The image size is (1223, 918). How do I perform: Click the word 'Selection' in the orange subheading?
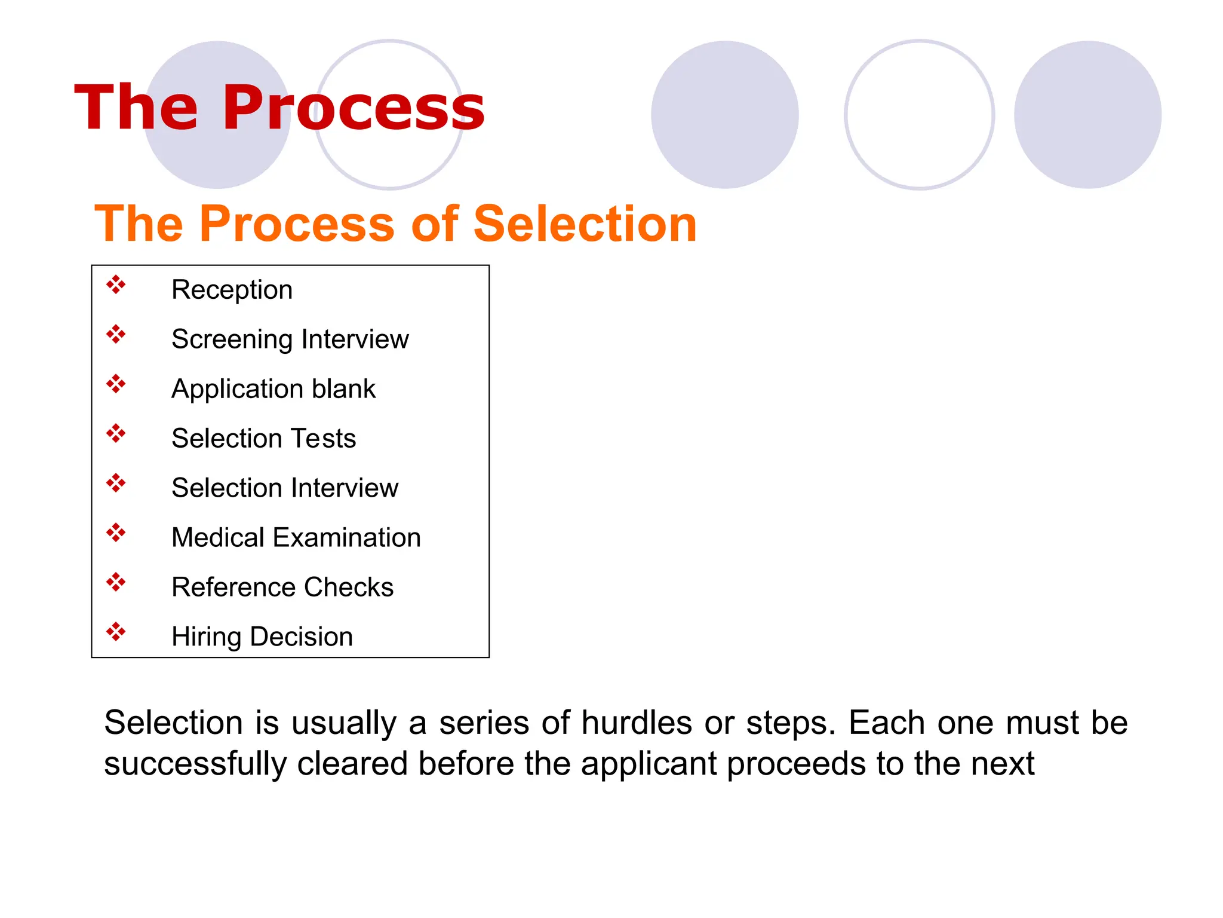pyautogui.click(x=585, y=224)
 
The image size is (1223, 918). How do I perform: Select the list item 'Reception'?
pyautogui.click(x=232, y=290)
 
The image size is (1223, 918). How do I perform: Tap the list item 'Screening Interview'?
pyautogui.click(x=290, y=339)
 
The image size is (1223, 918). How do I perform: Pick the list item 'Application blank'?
pyautogui.click(x=274, y=389)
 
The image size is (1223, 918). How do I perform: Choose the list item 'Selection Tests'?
pyautogui.click(x=263, y=439)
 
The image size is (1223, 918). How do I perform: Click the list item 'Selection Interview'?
pyautogui.click(x=284, y=488)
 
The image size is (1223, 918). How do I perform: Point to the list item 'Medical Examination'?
pyautogui.click(x=296, y=538)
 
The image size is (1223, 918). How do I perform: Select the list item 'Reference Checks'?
pyautogui.click(x=282, y=587)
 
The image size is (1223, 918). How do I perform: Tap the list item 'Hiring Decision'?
pyautogui.click(x=262, y=637)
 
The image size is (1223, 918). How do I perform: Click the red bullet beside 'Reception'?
pyautogui.click(x=116, y=284)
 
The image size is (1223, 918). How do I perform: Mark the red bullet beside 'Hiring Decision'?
pyautogui.click(x=116, y=631)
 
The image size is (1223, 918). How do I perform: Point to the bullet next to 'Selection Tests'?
pyautogui.click(x=116, y=433)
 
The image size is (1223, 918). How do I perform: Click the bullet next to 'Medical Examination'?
pyautogui.click(x=116, y=532)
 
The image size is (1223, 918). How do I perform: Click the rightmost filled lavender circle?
pyautogui.click(x=1087, y=115)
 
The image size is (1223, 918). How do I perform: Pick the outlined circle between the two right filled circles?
pyautogui.click(x=919, y=115)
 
